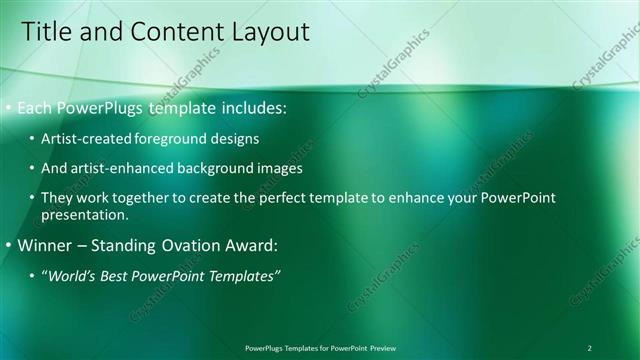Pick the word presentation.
[85, 215]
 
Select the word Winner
[46, 244]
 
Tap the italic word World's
[72, 274]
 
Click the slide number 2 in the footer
[590, 347]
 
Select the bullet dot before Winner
[9, 244]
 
